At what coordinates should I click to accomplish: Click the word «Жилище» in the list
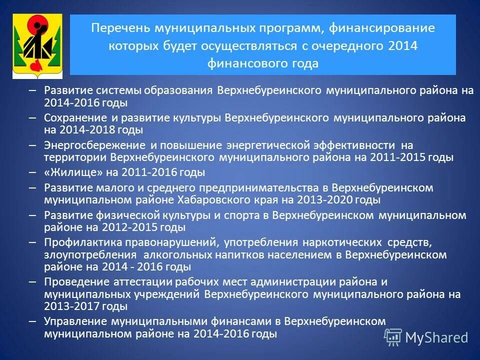coord(66,173)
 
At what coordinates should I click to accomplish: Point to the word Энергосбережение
coord(94,145)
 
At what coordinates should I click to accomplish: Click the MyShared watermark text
coord(436,337)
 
